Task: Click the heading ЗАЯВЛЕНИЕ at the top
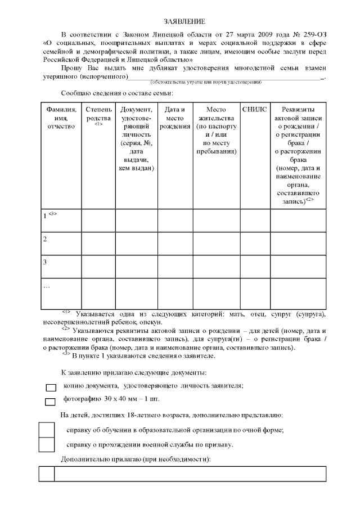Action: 181,21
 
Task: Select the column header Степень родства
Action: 98,114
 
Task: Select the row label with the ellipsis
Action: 47,286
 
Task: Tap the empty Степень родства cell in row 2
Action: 98,243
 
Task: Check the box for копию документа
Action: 51,387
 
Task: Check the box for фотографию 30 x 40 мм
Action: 51,401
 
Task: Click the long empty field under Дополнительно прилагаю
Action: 190,474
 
